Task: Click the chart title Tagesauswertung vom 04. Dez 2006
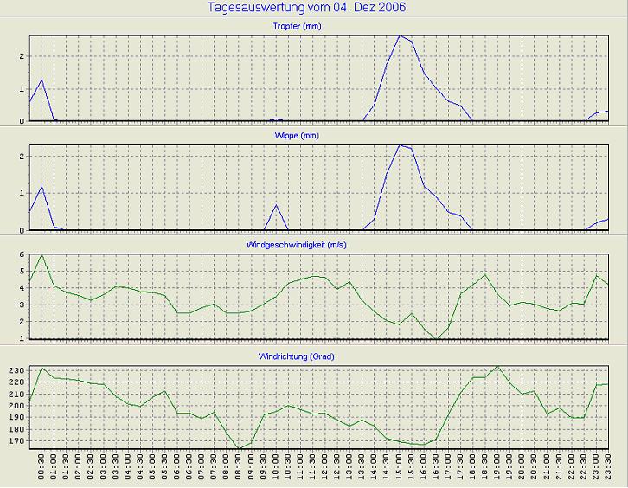pos(307,8)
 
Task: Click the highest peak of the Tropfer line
pos(399,36)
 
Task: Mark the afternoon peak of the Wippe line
pos(399,145)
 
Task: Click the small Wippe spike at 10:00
pos(276,205)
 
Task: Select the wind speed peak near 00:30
pos(42,254)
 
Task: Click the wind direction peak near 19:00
pos(497,366)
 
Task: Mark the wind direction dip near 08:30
pos(240,448)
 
